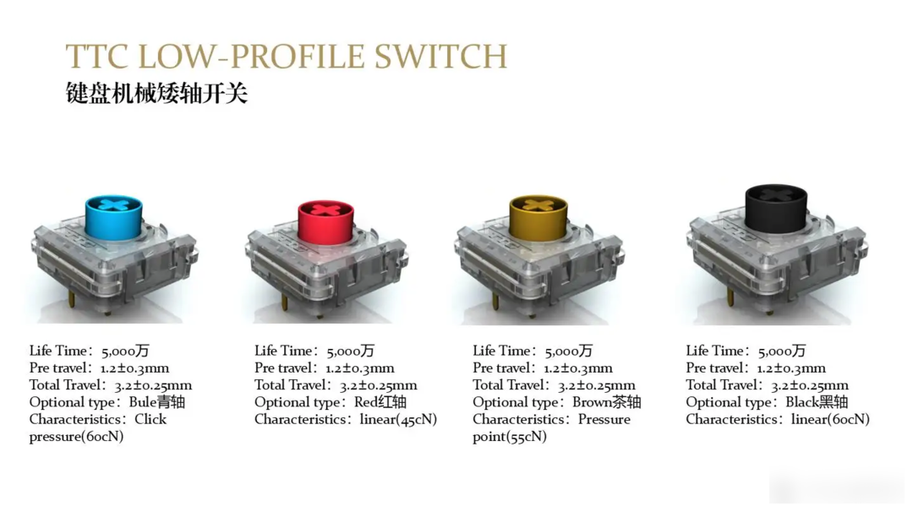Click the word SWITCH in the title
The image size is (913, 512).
coord(440,56)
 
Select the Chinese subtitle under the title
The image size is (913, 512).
coord(156,93)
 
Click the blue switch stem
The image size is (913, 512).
coord(113,216)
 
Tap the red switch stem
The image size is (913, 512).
coord(325,221)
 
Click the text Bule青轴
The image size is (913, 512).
coord(156,402)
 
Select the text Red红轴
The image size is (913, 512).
coord(380,402)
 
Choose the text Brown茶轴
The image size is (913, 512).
coord(606,402)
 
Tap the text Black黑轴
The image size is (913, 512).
coord(817,402)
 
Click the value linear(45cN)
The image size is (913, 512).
coord(398,420)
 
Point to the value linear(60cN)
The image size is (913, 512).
coord(830,420)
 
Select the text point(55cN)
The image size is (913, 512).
coord(510,437)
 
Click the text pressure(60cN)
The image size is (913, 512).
coord(76,437)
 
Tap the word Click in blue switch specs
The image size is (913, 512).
coord(150,419)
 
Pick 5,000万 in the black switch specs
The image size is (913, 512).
coord(782,351)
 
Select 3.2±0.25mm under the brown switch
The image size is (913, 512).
coord(596,385)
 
